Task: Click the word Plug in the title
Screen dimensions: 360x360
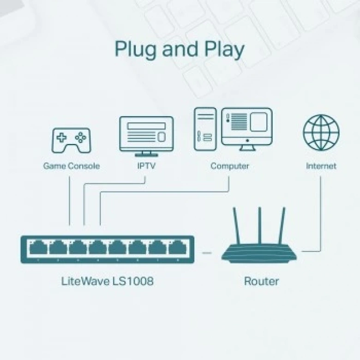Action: (x=136, y=49)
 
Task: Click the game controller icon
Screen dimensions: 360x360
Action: (x=71, y=140)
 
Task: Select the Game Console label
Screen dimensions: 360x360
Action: (x=71, y=166)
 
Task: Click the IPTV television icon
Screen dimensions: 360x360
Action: (x=146, y=135)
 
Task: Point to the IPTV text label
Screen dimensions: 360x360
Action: (x=146, y=166)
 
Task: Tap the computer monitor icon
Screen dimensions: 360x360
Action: (x=246, y=128)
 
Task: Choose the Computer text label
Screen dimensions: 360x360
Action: (x=229, y=166)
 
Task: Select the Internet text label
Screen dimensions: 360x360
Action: (x=321, y=166)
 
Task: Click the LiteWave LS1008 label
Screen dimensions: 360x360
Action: (x=107, y=281)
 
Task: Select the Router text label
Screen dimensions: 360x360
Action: (x=261, y=281)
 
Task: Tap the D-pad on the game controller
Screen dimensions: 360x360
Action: (x=61, y=137)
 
